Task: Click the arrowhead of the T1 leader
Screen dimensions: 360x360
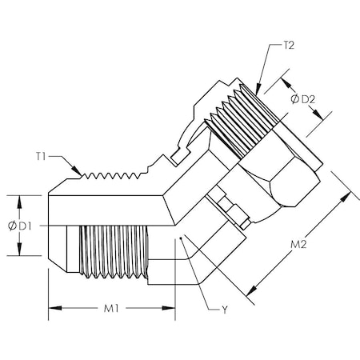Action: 83,173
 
